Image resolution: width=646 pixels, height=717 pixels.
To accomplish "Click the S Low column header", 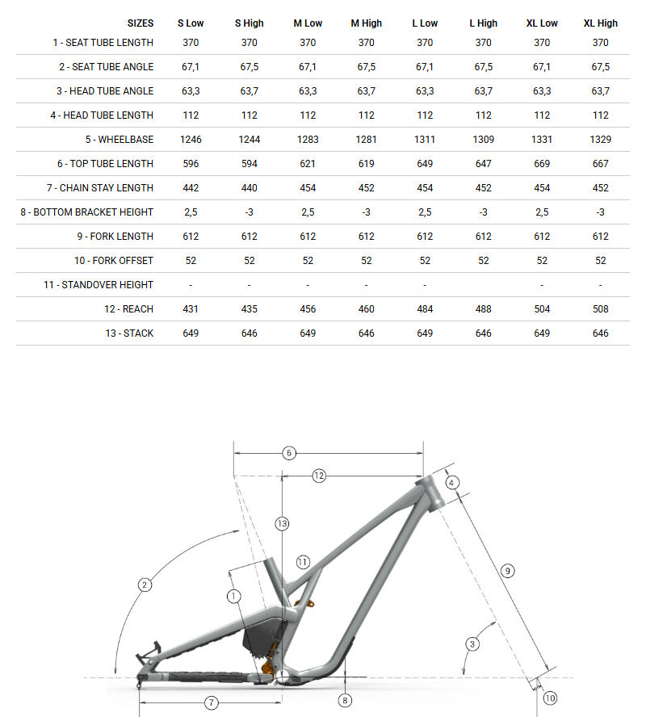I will click(x=191, y=23).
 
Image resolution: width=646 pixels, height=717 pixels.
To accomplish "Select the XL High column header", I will click(x=600, y=23).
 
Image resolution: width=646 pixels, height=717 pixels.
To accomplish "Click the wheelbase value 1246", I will click(x=191, y=140).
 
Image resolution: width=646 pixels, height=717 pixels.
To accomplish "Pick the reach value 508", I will click(x=600, y=309).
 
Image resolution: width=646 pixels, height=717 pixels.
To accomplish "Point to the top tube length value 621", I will click(x=308, y=164).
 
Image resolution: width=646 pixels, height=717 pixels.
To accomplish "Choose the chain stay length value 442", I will click(x=191, y=188).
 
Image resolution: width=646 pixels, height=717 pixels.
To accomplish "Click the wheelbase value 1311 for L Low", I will click(x=425, y=140).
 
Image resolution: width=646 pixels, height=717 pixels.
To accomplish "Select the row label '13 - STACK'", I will click(x=128, y=333).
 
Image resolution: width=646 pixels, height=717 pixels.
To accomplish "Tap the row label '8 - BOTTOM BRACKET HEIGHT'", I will click(x=87, y=212).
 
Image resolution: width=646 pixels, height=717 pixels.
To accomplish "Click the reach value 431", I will click(x=191, y=309).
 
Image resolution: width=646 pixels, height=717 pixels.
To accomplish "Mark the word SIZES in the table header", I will click(x=141, y=23).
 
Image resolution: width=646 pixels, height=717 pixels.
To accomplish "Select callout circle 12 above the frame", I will click(x=318, y=476).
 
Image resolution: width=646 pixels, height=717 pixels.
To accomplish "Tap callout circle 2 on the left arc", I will click(x=145, y=585).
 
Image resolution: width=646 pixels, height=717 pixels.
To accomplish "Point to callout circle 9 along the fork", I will click(x=508, y=571).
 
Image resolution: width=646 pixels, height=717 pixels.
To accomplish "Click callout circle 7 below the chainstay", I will click(x=211, y=702).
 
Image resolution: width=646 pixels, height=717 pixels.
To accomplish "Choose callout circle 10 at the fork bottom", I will click(x=550, y=698).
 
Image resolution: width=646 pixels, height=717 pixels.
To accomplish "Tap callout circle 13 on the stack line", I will click(x=281, y=523).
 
